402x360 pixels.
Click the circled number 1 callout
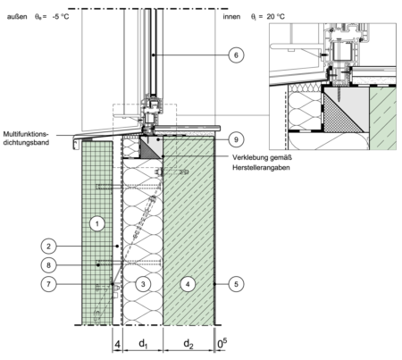(x=97, y=223)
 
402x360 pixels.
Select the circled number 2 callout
(x=48, y=246)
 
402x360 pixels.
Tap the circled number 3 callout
(x=143, y=284)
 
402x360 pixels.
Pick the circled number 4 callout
(x=188, y=284)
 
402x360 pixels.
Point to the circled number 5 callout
(x=236, y=284)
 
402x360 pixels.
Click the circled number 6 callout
(x=236, y=55)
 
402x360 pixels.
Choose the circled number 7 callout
(x=48, y=284)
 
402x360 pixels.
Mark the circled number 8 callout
(x=48, y=265)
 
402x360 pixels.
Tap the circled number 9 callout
(x=236, y=139)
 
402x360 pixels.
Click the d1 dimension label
(x=143, y=344)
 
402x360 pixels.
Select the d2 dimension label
(x=188, y=344)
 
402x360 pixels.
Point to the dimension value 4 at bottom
(x=117, y=345)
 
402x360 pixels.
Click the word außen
(x=17, y=17)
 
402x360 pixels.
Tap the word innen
(x=231, y=17)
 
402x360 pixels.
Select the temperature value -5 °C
(x=60, y=17)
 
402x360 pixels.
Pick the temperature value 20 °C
(x=276, y=17)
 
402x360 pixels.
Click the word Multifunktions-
(x=26, y=134)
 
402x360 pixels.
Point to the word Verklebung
(x=249, y=157)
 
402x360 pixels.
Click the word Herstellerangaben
(x=261, y=168)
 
